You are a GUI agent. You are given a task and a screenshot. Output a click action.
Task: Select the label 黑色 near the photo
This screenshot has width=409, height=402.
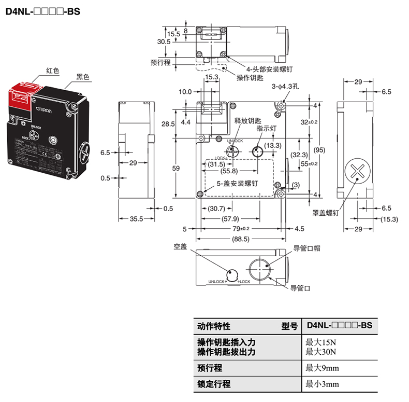(x=83, y=77)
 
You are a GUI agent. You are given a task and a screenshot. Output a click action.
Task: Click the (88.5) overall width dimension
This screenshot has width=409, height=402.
(x=241, y=239)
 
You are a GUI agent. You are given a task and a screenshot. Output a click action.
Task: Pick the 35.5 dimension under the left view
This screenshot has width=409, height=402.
(x=136, y=219)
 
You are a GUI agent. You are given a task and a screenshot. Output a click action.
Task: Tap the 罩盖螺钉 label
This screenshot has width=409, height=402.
(x=326, y=213)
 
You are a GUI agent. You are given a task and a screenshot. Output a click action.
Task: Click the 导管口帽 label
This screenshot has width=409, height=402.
(x=306, y=248)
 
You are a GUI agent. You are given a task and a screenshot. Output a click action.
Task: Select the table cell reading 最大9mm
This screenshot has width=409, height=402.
(x=322, y=368)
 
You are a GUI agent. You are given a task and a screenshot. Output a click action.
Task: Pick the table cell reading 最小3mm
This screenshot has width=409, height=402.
(x=322, y=384)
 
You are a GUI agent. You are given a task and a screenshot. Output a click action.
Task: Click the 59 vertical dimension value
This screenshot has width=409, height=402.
(x=176, y=169)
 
